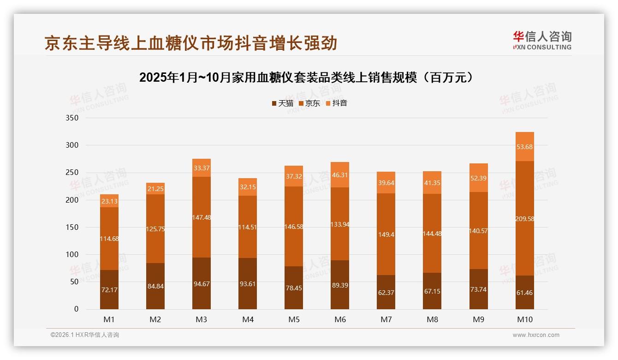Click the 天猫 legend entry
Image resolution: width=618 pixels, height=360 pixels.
tap(283, 103)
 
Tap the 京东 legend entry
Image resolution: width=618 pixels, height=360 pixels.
tap(309, 103)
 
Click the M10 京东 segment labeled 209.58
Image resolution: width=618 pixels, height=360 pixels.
tap(524, 218)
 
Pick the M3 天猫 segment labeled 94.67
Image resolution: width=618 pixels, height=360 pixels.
tap(202, 283)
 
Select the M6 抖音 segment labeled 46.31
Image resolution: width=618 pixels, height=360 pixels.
tap(340, 175)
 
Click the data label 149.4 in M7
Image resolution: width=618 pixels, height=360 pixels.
tap(386, 234)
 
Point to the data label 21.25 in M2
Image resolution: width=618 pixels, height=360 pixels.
tap(155, 189)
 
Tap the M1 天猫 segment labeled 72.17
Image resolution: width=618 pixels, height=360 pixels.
tap(109, 289)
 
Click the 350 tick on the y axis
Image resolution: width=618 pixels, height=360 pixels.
tap(73, 118)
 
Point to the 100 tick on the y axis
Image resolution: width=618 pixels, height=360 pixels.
tap(73, 255)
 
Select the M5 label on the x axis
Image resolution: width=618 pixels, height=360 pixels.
tap(294, 319)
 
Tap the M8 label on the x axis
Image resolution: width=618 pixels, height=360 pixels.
tap(432, 319)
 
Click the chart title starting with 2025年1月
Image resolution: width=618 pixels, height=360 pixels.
tap(306, 78)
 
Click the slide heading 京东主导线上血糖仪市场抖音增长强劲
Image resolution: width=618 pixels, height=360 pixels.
tap(191, 43)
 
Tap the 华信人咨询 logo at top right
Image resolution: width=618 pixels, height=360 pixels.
tap(542, 41)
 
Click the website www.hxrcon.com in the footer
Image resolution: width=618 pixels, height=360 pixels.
tap(536, 335)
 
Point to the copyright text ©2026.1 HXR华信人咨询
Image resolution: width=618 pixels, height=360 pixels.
tap(85, 335)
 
